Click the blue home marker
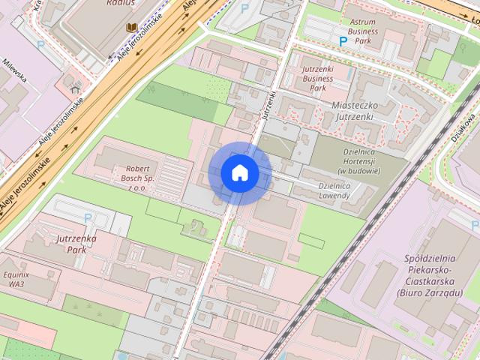[240, 173]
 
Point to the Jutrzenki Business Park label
[317, 78]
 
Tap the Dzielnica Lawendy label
[334, 190]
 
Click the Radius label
[121, 3]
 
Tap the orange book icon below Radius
[131, 28]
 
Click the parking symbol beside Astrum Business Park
[343, 42]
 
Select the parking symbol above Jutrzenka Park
[88, 218]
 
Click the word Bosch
[140, 178]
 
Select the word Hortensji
[359, 160]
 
